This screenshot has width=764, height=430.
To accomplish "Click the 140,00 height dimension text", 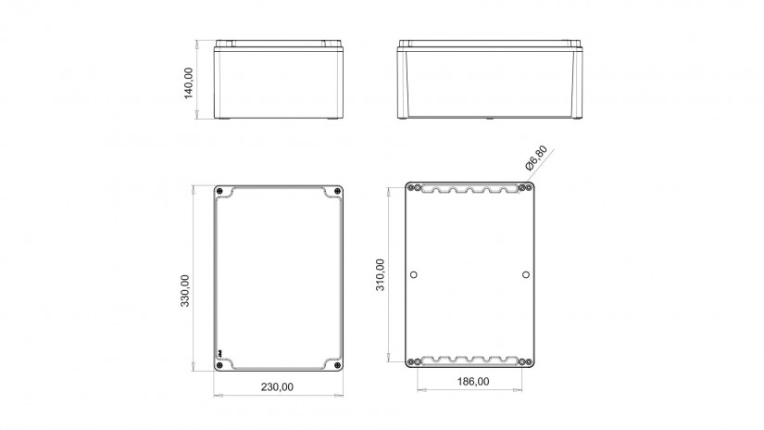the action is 189,82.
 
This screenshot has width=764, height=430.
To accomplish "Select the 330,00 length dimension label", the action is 185,291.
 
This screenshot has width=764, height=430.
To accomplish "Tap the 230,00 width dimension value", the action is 277,387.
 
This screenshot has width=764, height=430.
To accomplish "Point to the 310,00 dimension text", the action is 380,275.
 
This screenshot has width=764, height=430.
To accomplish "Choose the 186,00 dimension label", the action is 473,382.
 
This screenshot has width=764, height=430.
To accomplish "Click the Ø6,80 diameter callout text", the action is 536,158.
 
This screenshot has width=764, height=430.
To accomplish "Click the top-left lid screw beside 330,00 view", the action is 219,191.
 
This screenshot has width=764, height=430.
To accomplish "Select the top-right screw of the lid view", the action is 337,191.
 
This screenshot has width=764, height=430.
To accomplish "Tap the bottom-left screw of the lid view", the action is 219,365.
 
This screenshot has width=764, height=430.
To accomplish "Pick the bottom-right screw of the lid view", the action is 337,365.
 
